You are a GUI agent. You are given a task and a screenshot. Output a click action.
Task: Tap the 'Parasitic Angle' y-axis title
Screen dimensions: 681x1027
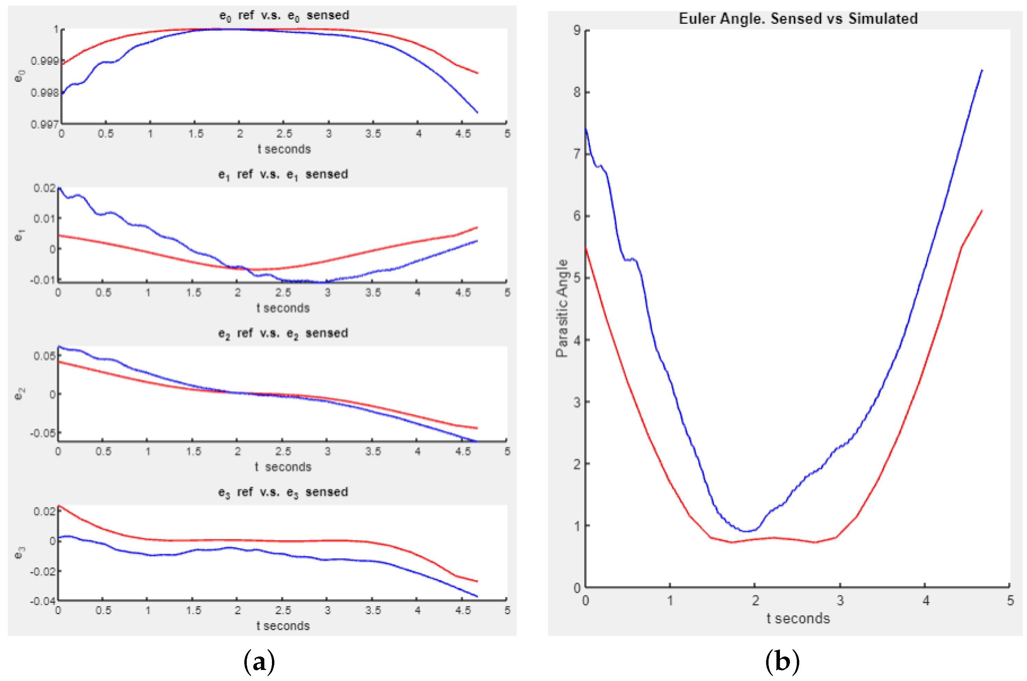pos(562,308)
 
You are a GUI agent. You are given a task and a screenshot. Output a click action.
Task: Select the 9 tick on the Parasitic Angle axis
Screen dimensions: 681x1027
pos(577,30)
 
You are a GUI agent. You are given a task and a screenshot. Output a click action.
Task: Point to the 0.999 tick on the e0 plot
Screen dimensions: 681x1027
pos(44,61)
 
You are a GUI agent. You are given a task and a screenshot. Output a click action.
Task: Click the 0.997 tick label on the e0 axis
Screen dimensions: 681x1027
pos(44,125)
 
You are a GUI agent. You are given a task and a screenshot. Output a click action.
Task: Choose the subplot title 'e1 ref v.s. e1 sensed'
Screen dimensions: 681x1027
pos(283,175)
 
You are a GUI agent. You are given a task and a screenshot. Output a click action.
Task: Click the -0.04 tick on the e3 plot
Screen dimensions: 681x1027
pos(42,601)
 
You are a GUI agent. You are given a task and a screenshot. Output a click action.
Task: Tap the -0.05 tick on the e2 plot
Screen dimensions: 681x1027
pos(42,433)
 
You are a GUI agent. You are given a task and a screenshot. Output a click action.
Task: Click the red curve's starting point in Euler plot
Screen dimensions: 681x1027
pos(586,248)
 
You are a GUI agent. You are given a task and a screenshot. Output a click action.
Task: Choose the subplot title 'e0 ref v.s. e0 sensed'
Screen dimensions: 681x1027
pos(284,16)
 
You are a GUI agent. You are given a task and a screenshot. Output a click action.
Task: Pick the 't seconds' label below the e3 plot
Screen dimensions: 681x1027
pos(283,626)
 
